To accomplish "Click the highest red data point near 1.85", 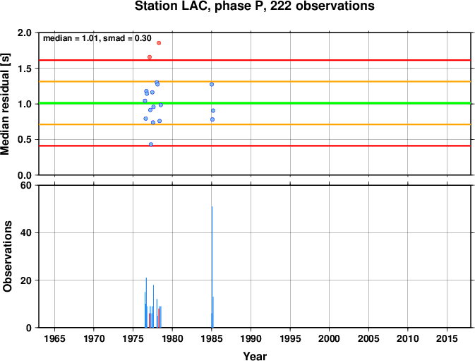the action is point(159,43).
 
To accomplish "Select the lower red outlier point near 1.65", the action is point(150,57).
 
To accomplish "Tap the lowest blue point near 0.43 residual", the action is point(151,144).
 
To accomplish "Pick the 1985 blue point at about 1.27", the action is point(212,84).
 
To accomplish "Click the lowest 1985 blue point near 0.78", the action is point(212,119).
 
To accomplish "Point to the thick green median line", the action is point(255,103).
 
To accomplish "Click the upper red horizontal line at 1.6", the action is point(255,60).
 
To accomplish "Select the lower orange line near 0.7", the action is point(255,124).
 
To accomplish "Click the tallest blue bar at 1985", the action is point(212,267).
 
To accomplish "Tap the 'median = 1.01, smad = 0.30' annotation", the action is point(97,38).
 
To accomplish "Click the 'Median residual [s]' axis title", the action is point(5,104).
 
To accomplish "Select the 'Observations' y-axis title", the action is point(7,256).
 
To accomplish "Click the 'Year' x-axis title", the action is point(255,356).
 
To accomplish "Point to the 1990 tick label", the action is point(251,338).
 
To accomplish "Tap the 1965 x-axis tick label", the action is point(54,338).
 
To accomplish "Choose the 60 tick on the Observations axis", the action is point(26,185).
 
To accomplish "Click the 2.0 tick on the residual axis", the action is point(25,32).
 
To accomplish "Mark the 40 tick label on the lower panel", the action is point(26,233).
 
